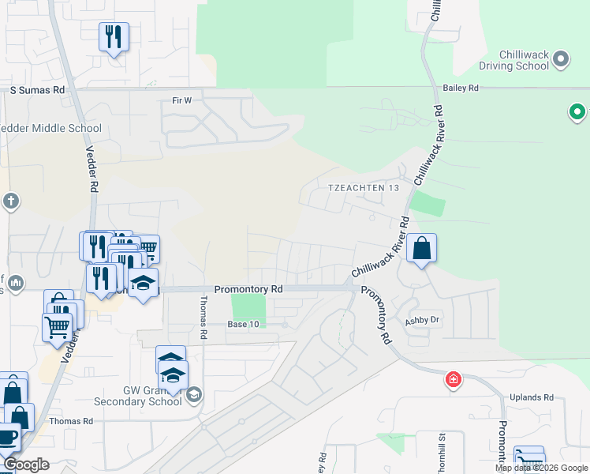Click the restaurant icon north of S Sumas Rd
114,36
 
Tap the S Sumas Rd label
37,91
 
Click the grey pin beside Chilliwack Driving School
561,58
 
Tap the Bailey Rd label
461,88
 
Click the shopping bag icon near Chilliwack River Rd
421,249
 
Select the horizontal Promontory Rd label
248,290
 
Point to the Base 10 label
243,325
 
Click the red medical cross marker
454,380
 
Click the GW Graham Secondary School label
152,396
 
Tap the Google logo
26,465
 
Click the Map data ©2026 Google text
540,468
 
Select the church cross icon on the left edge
10,201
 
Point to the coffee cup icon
8,437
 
